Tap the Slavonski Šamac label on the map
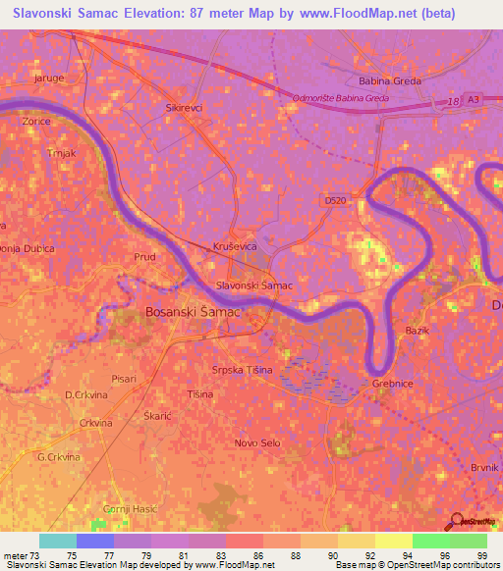254,285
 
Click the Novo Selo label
257,443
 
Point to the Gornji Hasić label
130,508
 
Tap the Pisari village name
124,378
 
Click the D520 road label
336,200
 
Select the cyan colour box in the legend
58,541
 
